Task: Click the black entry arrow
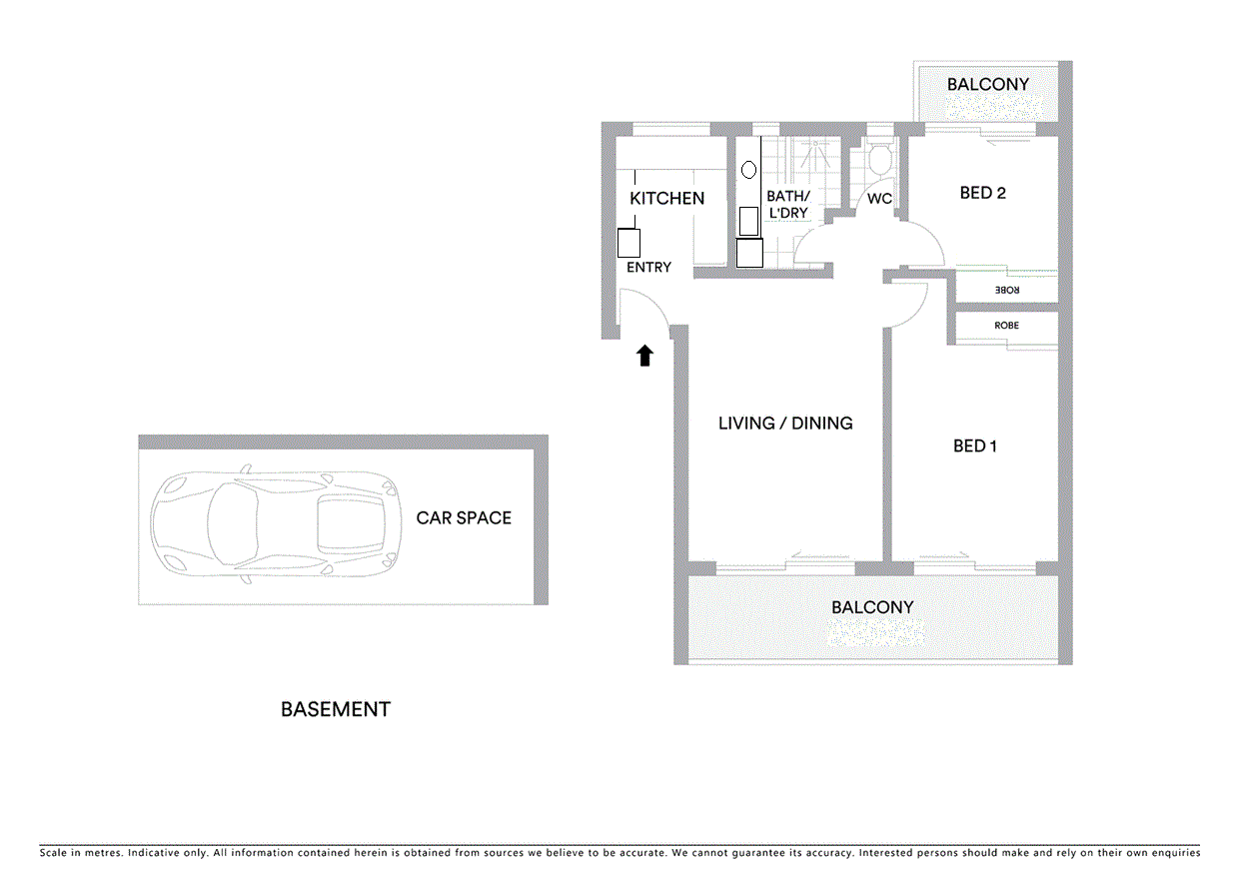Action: tap(644, 356)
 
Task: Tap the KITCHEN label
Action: tap(666, 199)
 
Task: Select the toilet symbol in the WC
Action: tap(880, 161)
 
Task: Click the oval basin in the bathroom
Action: tap(747, 170)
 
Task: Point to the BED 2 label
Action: tap(982, 193)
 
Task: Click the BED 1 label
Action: tap(974, 445)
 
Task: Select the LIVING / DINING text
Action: tap(785, 424)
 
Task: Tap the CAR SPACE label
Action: tap(464, 518)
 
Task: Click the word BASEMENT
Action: tap(335, 710)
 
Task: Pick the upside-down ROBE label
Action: tap(1006, 290)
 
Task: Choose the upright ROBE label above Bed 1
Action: tap(1006, 326)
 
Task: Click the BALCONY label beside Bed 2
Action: tap(987, 85)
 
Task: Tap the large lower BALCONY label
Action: tap(872, 607)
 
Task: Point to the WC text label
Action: tap(879, 199)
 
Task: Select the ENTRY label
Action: tap(648, 268)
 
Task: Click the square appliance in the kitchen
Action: tap(628, 243)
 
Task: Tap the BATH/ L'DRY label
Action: tap(787, 205)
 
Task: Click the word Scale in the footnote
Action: tap(55, 853)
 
